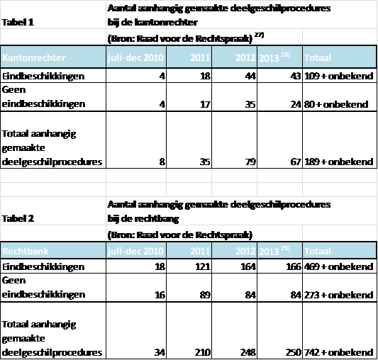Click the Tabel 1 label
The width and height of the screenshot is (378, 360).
pyautogui.click(x=18, y=23)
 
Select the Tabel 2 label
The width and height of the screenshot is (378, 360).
pyautogui.click(x=18, y=219)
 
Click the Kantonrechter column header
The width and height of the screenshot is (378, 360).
pyautogui.click(x=34, y=58)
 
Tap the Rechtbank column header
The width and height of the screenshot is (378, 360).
pyautogui.click(x=26, y=251)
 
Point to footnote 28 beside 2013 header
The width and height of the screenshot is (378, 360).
pyautogui.click(x=285, y=55)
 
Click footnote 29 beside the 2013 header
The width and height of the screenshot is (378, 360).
pyautogui.click(x=285, y=248)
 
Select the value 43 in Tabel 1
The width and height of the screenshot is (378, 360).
pyautogui.click(x=296, y=76)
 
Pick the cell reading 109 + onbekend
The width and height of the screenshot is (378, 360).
pyautogui.click(x=339, y=76)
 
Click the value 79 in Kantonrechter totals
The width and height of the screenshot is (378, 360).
pyautogui.click(x=250, y=162)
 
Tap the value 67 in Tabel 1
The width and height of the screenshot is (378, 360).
pyautogui.click(x=296, y=162)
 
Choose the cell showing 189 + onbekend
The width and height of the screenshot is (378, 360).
pyautogui.click(x=339, y=162)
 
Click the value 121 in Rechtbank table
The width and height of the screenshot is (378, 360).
pyautogui.click(x=203, y=266)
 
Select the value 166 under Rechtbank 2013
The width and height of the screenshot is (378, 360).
pyautogui.click(x=294, y=266)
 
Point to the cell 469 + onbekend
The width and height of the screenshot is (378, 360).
pyautogui.click(x=339, y=266)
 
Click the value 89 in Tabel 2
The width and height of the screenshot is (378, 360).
pyautogui.click(x=205, y=295)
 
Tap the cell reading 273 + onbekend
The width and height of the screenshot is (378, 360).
pyautogui.click(x=339, y=295)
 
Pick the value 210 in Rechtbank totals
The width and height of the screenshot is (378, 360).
pyautogui.click(x=203, y=352)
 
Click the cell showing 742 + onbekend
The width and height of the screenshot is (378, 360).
pyautogui.click(x=339, y=352)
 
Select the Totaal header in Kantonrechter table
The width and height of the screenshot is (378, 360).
pyautogui.click(x=318, y=58)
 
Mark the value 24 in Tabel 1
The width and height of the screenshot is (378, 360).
pyautogui.click(x=296, y=104)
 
